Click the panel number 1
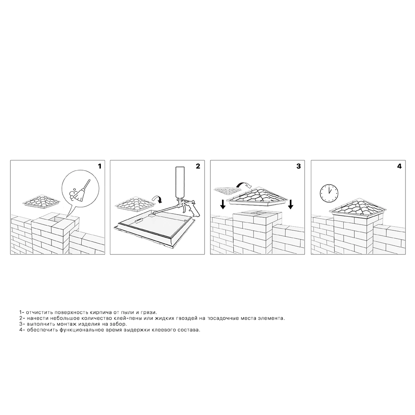[x=100, y=166]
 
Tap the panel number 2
[x=198, y=166]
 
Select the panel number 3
[x=298, y=166]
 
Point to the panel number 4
[x=399, y=166]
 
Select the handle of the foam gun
[x=195, y=212]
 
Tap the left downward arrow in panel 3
[x=223, y=204]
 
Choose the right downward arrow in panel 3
[x=290, y=204]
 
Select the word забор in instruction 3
[x=120, y=324]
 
